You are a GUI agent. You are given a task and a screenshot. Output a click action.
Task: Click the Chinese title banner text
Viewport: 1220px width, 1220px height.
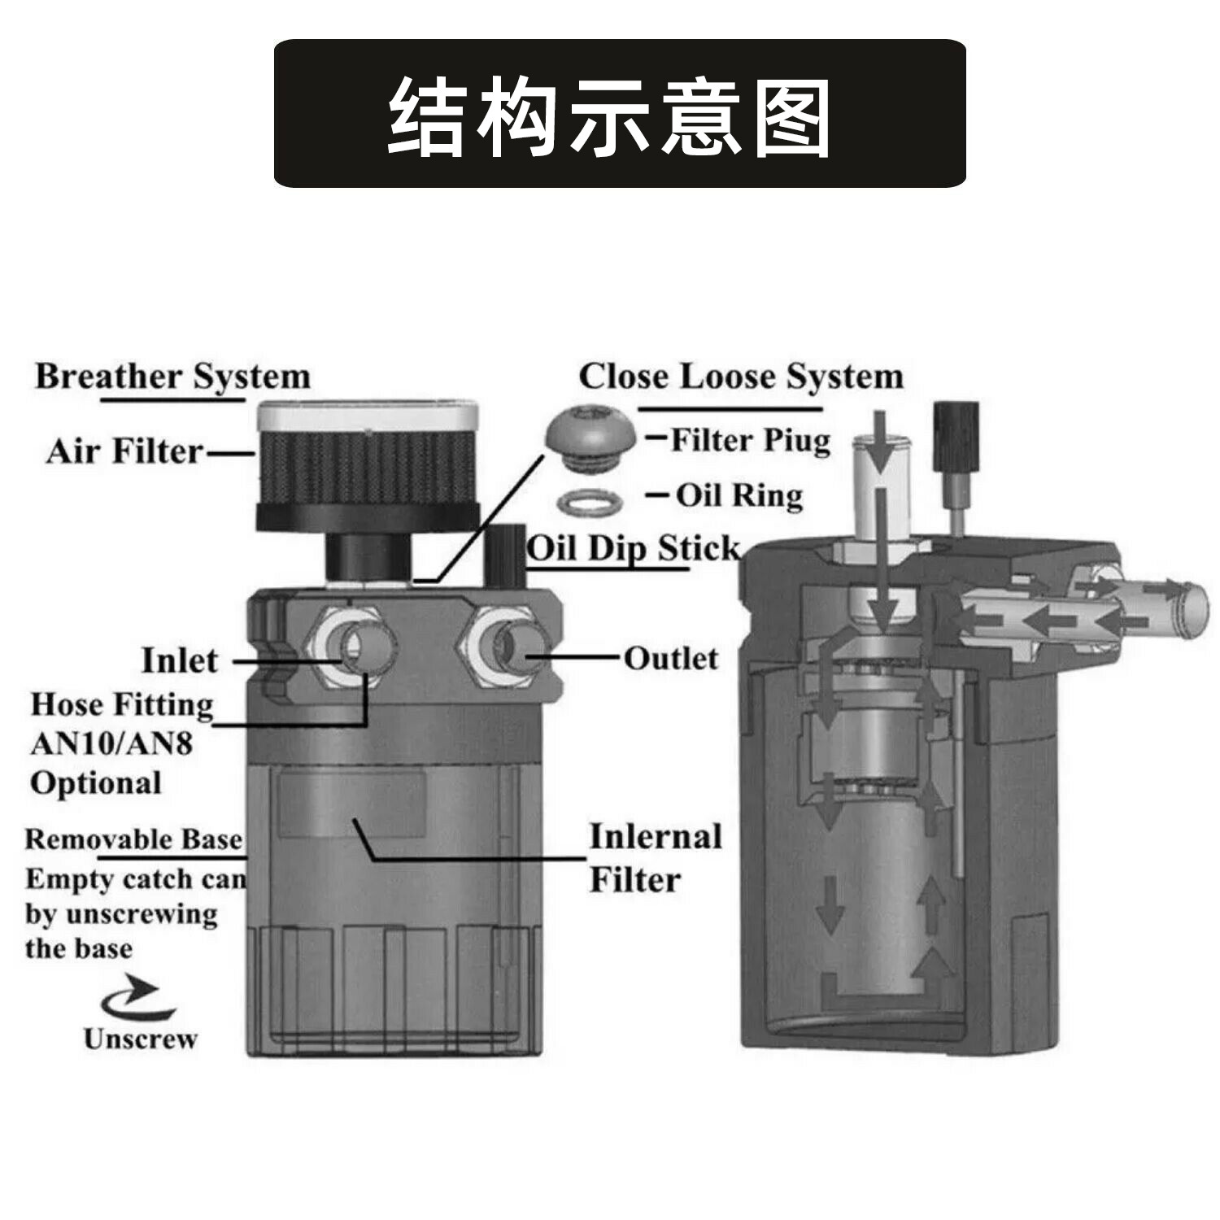point(609,116)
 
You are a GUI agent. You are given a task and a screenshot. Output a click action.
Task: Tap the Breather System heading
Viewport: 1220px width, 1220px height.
point(172,377)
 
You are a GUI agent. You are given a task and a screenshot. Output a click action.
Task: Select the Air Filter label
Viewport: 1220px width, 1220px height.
point(124,451)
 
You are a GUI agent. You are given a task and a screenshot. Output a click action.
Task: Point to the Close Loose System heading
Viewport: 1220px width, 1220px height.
point(741,377)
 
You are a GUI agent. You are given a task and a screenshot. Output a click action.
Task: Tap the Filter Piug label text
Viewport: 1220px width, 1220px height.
point(750,441)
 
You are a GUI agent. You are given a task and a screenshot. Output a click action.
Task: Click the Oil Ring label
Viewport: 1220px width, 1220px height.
point(739,495)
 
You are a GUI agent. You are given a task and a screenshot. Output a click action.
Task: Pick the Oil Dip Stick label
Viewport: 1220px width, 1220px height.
point(633,548)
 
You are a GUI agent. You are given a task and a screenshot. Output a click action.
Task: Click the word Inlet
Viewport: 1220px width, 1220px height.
point(180,660)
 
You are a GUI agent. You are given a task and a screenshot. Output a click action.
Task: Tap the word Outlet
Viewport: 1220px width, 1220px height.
point(671,658)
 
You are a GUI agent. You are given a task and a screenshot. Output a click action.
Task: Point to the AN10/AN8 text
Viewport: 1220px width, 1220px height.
point(111,743)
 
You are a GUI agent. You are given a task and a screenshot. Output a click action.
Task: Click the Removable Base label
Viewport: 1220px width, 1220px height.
point(133,839)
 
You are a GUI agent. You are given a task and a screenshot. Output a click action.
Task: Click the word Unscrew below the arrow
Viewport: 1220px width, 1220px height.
point(140,1039)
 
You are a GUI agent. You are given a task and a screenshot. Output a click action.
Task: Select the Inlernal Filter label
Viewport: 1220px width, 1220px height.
point(655,858)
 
